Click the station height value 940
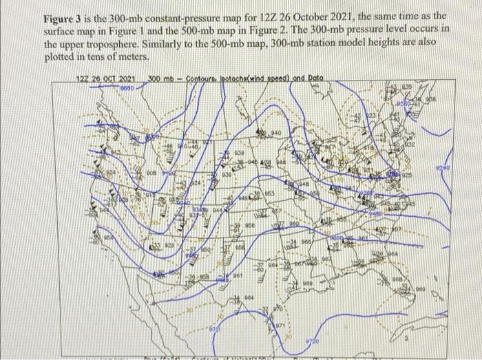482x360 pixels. pos(275,131)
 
